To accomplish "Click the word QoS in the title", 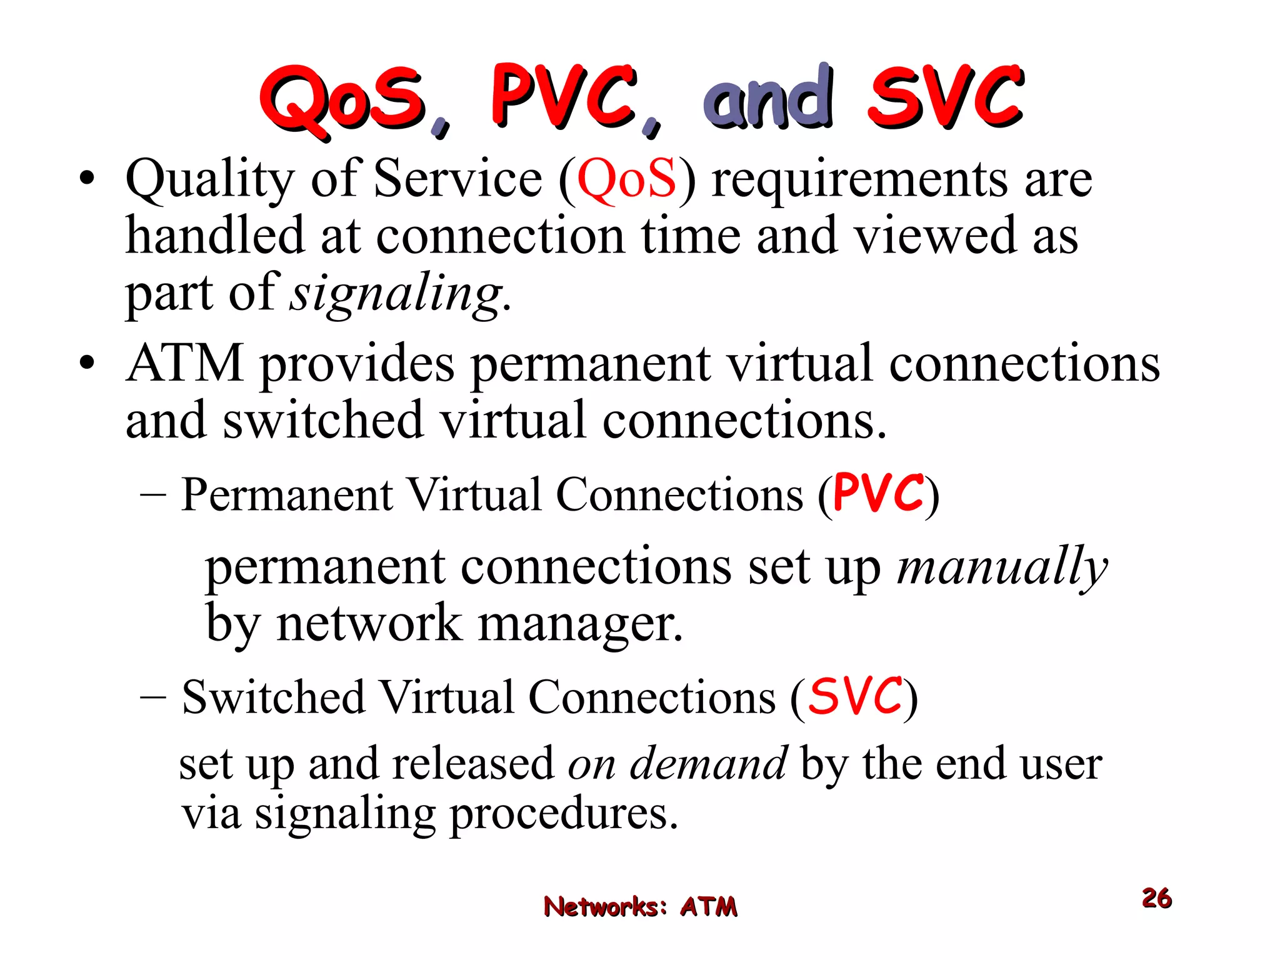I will [342, 100].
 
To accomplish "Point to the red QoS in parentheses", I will [626, 179].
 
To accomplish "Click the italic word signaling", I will [396, 294].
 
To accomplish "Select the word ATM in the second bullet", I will [184, 364].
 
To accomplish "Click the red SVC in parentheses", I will [856, 696].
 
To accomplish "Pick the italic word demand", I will [708, 764].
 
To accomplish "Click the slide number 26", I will [1156, 898].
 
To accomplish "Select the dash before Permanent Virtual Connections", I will [153, 495].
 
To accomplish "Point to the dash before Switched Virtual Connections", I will [153, 697].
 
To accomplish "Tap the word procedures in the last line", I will [563, 815].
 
